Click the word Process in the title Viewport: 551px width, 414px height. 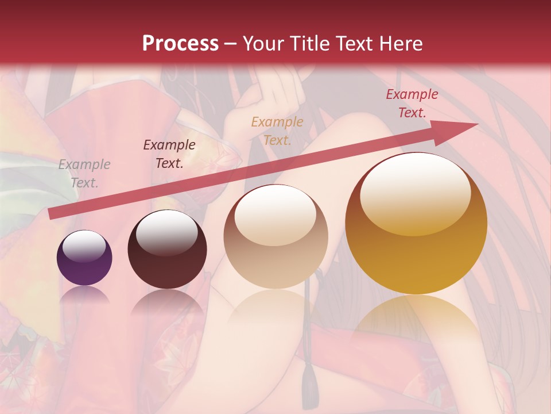pos(180,44)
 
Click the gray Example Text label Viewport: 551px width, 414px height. pos(84,174)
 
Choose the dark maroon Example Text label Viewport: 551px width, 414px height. pos(169,154)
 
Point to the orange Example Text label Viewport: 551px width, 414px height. pos(277,131)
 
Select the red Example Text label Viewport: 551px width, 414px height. pos(412,103)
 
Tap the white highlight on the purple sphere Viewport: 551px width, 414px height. pos(84,246)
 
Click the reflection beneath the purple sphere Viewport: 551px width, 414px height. pos(84,294)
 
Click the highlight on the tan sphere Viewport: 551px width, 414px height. pos(275,212)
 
